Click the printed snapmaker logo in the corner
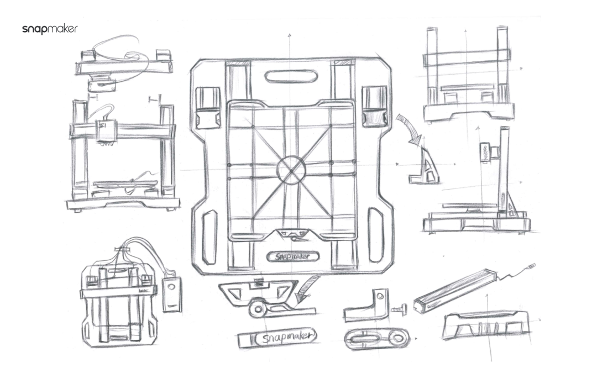click(50, 29)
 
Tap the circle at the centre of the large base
click(291, 170)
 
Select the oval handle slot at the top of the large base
click(291, 76)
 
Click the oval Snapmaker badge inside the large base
click(292, 256)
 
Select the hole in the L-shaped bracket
click(381, 296)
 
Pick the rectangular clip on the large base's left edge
click(208, 107)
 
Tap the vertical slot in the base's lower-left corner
click(209, 237)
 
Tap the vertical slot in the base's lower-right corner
click(376, 235)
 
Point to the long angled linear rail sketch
click(454, 290)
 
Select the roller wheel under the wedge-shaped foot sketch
click(258, 308)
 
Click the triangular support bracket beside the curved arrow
click(425, 166)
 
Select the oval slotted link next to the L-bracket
click(376, 338)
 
